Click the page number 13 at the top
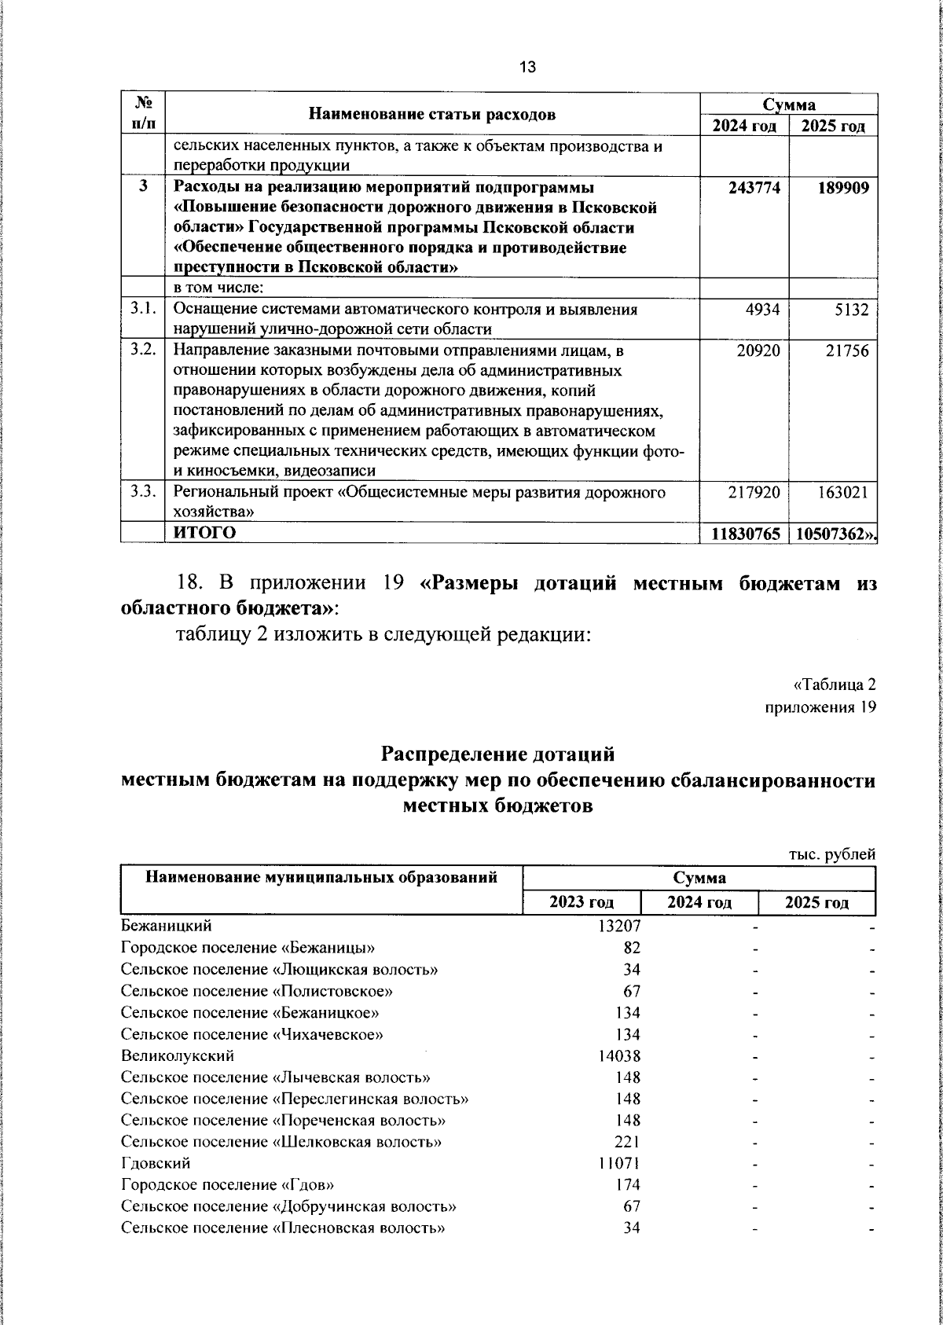[x=527, y=68]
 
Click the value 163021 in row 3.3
[x=842, y=493]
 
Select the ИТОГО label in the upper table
[x=204, y=533]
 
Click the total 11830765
[x=746, y=534]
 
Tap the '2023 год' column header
[x=582, y=902]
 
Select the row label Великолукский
[x=178, y=1055]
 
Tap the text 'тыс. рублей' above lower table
[x=832, y=854]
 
